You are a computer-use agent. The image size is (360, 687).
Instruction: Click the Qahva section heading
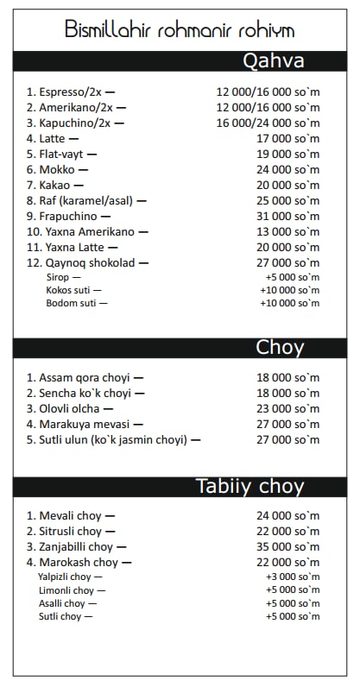273,61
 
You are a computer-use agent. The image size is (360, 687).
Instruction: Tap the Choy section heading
280,348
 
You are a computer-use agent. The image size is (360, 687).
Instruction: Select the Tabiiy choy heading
249,486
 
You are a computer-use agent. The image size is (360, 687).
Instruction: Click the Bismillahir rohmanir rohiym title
180,30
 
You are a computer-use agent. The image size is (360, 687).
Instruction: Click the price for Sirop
292,277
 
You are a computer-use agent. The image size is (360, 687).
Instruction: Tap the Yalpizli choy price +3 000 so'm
292,577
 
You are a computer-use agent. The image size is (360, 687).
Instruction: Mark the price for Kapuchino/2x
268,123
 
